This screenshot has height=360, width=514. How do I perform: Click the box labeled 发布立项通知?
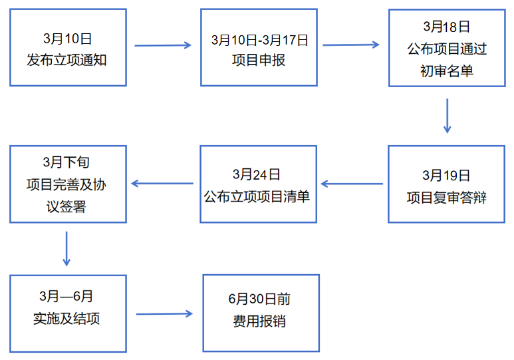point(68,47)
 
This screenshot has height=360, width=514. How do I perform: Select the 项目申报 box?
point(259,47)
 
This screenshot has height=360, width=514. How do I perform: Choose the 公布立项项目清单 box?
point(259,184)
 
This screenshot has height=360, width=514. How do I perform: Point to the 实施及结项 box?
point(68,313)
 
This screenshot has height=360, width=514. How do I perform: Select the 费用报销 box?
point(261,313)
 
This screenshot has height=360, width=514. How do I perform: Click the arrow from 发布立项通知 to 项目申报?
point(163,45)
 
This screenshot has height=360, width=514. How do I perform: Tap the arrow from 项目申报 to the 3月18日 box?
point(350,45)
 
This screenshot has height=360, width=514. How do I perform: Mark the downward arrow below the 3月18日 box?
point(447,116)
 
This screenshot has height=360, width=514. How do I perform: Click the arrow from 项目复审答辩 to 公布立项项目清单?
point(352,183)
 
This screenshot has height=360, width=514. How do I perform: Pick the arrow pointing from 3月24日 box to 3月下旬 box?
point(162,183)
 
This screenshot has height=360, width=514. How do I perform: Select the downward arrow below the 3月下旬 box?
point(66,248)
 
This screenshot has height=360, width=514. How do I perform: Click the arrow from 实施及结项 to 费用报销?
point(164,313)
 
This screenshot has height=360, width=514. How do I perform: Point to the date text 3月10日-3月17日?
point(259,40)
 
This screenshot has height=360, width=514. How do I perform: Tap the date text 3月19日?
point(446,176)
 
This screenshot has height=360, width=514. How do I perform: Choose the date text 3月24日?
point(257,174)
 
